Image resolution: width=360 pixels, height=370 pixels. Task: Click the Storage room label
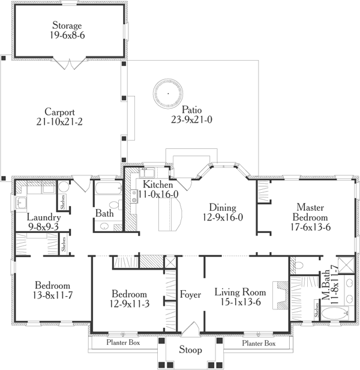click(x=67, y=26)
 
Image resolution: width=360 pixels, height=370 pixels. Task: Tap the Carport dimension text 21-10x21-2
click(x=59, y=123)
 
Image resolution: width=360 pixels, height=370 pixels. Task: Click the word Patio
click(x=192, y=110)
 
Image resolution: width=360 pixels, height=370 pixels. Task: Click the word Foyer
click(x=191, y=294)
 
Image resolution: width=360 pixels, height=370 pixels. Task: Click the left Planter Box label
click(x=123, y=344)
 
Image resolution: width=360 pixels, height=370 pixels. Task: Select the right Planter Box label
click(x=259, y=344)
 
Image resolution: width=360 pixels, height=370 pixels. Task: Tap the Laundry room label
click(x=43, y=217)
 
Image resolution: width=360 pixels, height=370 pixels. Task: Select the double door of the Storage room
click(x=71, y=63)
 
